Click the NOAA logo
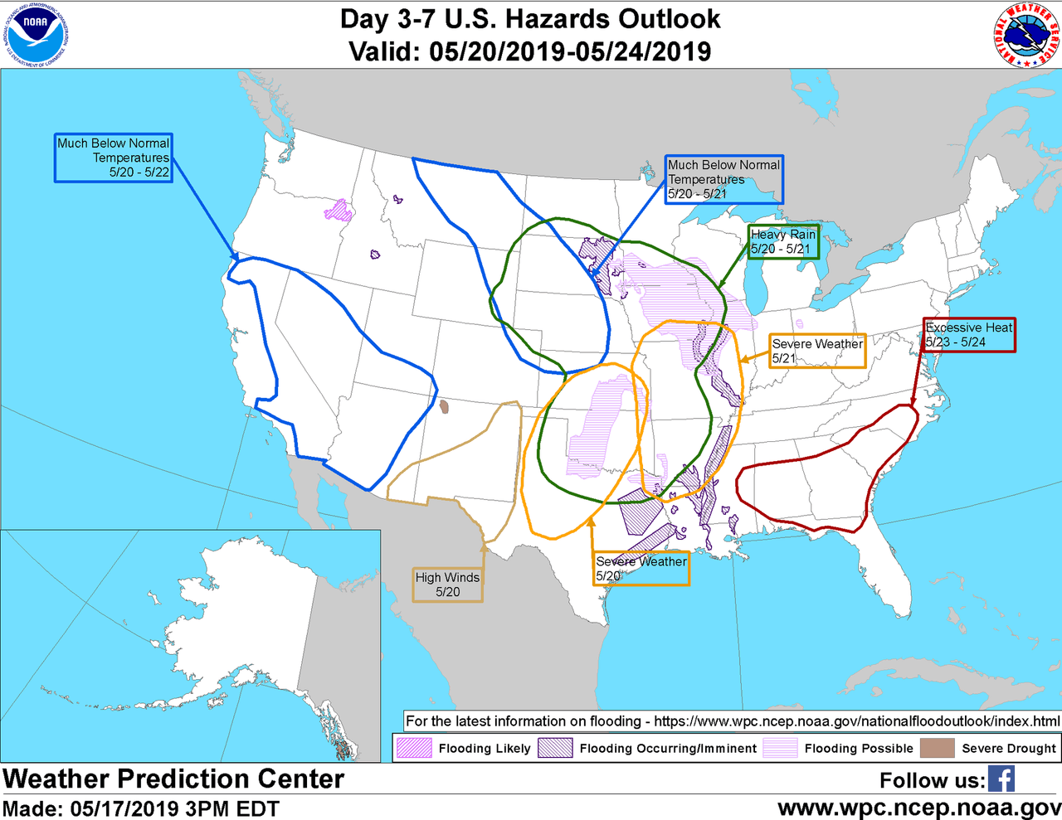(35, 34)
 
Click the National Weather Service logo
(1027, 35)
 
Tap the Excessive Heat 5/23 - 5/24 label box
(968, 335)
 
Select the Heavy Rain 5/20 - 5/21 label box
(783, 241)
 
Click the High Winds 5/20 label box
(448, 585)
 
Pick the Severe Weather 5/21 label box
(817, 351)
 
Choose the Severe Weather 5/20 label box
(641, 569)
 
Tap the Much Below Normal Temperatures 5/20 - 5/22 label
(114, 158)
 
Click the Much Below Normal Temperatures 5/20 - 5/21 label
(723, 179)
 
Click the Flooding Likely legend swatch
(414, 748)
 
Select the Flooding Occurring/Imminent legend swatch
(555, 748)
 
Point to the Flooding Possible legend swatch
(779, 748)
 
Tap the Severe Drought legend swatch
(937, 748)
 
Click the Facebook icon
(1001, 779)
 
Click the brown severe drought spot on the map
(444, 407)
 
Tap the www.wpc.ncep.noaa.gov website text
(918, 807)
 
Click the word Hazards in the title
(567, 19)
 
